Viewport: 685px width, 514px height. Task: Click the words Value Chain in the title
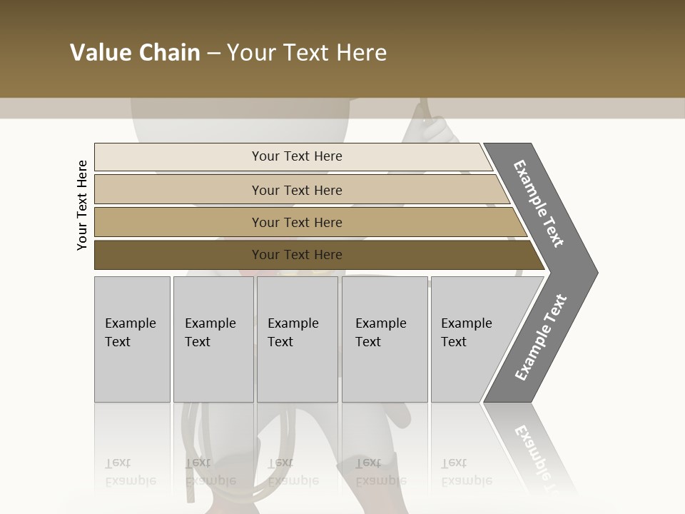click(x=135, y=53)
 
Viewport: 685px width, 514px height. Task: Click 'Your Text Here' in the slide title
click(x=307, y=53)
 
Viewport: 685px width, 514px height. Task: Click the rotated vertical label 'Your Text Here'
click(x=83, y=206)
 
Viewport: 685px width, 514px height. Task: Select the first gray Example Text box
click(x=132, y=339)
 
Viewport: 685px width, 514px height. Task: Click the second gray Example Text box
click(x=213, y=339)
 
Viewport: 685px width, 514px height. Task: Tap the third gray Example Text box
click(x=297, y=339)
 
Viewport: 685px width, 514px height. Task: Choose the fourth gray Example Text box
click(x=385, y=339)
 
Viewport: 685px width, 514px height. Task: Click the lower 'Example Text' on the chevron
click(x=541, y=337)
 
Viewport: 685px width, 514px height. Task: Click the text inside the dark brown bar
click(x=297, y=255)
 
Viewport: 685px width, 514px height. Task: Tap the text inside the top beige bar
click(x=297, y=156)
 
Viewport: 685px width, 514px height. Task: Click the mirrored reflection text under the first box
click(x=130, y=472)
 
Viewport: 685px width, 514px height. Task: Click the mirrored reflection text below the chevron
click(x=541, y=453)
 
